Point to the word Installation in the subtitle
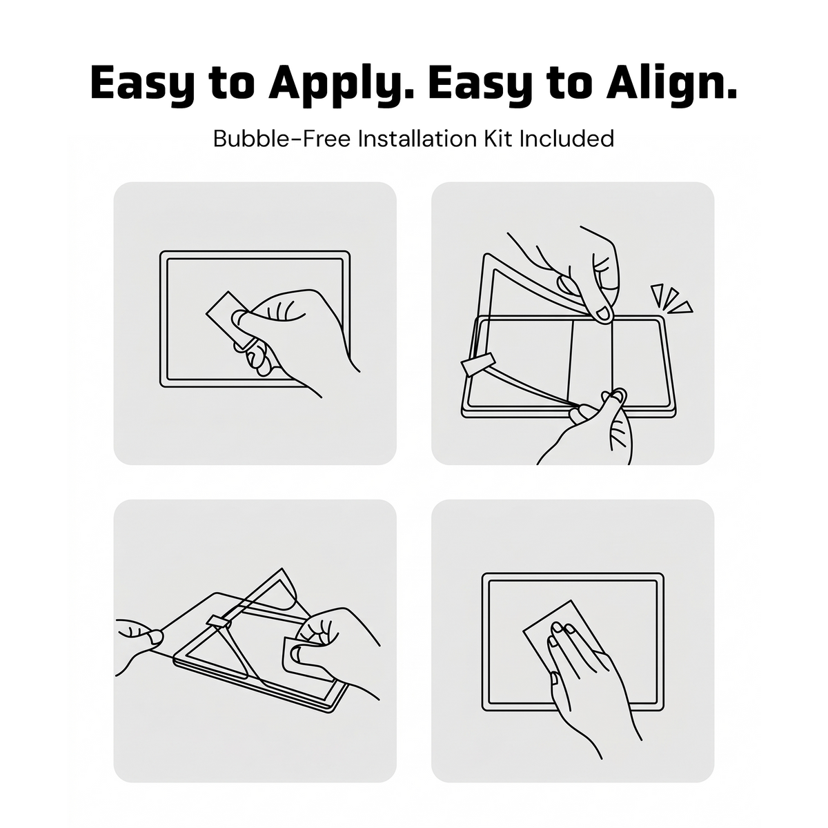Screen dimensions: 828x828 coord(417,139)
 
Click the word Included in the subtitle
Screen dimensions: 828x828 coord(566,139)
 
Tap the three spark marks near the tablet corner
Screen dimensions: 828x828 coord(671,299)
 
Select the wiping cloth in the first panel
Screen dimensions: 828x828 coord(229,318)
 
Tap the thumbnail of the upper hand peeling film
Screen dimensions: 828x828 coord(604,314)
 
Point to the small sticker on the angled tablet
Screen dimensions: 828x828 coord(219,621)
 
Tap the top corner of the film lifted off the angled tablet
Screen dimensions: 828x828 coord(282,569)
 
